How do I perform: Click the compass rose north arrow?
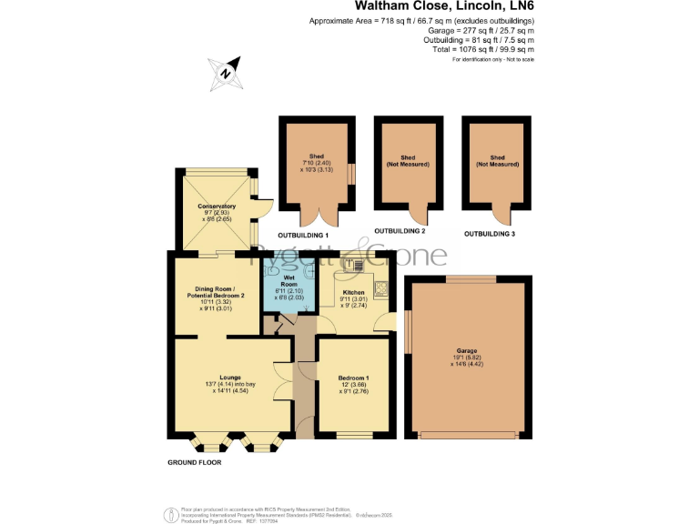pyautogui.click(x=228, y=72)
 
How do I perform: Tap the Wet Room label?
pyautogui.click(x=289, y=279)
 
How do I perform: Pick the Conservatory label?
pyautogui.click(x=216, y=207)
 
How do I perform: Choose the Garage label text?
pyautogui.click(x=466, y=350)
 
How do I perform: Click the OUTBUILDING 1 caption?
pyautogui.click(x=303, y=234)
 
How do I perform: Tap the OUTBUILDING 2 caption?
pyautogui.click(x=400, y=230)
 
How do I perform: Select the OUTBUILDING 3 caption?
pyautogui.click(x=490, y=234)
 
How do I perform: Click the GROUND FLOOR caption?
pyautogui.click(x=195, y=462)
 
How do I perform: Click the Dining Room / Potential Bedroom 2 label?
pyautogui.click(x=216, y=292)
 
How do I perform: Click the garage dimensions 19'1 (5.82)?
pyautogui.click(x=466, y=358)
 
